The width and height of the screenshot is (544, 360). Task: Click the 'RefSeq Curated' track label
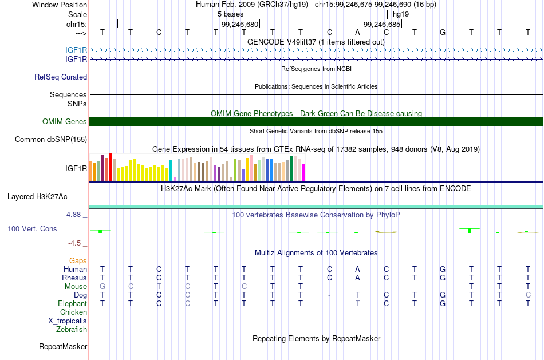(x=61, y=77)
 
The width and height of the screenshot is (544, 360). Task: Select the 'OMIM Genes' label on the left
(x=65, y=122)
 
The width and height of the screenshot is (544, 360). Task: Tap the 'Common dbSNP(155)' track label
(x=51, y=140)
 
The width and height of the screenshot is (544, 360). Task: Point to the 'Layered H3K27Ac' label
(x=37, y=197)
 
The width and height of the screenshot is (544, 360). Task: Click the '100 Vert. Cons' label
(x=32, y=228)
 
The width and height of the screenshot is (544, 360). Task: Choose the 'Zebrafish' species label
(x=72, y=330)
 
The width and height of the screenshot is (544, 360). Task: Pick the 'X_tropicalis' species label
(x=68, y=321)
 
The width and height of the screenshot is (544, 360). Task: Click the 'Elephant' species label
(x=73, y=304)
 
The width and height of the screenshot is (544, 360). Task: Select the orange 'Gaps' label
(x=78, y=261)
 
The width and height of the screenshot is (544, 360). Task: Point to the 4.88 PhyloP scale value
(x=73, y=215)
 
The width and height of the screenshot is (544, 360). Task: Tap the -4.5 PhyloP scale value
(x=74, y=243)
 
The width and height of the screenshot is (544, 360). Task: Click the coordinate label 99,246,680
(x=240, y=24)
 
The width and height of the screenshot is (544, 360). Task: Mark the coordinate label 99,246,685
(x=382, y=24)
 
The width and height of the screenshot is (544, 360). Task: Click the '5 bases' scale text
(x=230, y=14)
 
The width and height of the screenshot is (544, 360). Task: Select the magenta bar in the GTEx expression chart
(x=303, y=173)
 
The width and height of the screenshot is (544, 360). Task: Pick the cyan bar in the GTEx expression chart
(x=171, y=171)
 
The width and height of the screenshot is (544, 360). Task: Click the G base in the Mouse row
(x=103, y=287)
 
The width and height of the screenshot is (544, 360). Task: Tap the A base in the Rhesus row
(x=357, y=278)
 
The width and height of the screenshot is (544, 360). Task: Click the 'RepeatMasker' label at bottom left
(x=63, y=346)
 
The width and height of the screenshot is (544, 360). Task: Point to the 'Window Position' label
(x=60, y=5)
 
